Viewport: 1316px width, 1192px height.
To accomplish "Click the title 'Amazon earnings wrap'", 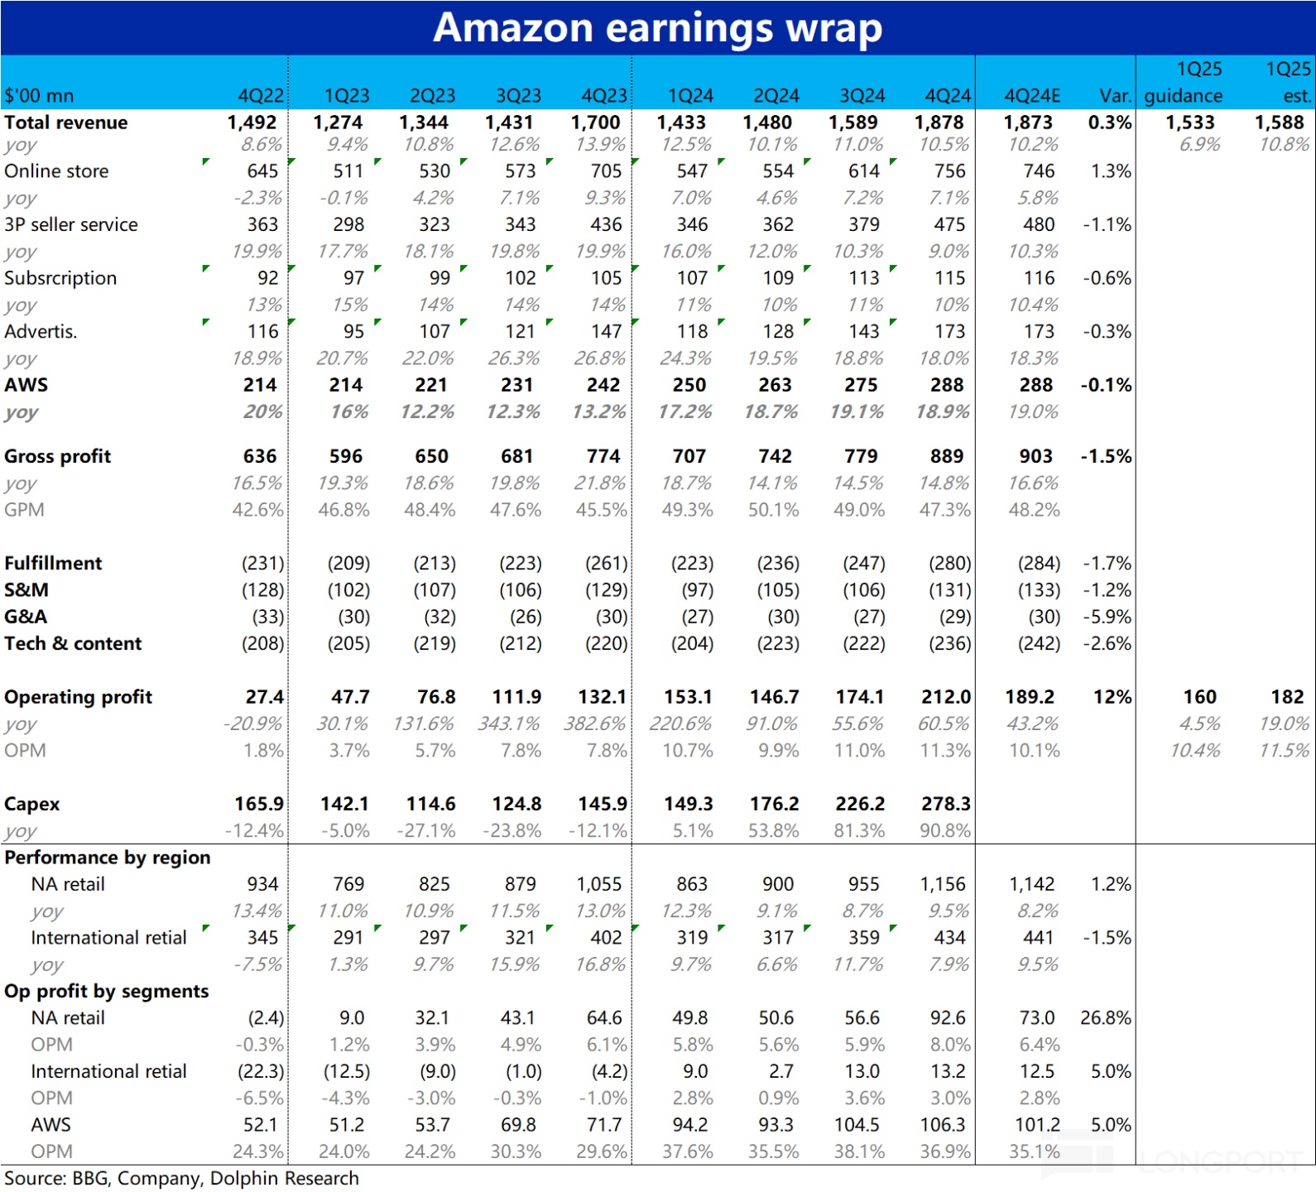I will tap(657, 27).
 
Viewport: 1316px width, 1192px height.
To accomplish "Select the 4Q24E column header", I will tap(1031, 96).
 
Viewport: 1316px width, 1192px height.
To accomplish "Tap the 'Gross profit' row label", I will tap(57, 456).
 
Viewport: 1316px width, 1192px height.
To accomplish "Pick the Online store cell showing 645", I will tap(262, 171).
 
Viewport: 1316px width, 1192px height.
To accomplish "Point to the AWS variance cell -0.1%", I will tap(1106, 385).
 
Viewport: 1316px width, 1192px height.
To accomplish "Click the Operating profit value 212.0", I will tap(946, 697).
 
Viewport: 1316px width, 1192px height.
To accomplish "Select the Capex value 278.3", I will tap(946, 804).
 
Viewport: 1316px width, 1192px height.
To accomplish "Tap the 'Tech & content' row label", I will tap(73, 643).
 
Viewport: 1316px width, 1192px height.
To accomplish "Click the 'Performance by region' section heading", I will tap(108, 858).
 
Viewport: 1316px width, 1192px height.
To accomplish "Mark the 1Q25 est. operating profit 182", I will tap(1287, 697).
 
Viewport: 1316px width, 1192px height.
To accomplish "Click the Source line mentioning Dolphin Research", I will tap(181, 1178).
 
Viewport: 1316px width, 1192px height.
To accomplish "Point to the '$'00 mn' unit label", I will tap(39, 96).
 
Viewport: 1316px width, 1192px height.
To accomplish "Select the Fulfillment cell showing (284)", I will tap(1039, 564).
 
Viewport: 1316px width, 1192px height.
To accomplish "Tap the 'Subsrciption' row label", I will tap(60, 278).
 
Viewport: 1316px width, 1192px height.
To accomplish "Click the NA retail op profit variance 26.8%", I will tap(1106, 1018).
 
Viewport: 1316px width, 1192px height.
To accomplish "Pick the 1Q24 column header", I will tap(690, 96).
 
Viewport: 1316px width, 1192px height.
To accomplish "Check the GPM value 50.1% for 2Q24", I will tap(773, 510).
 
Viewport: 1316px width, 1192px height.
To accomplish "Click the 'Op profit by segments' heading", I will tap(106, 991).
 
